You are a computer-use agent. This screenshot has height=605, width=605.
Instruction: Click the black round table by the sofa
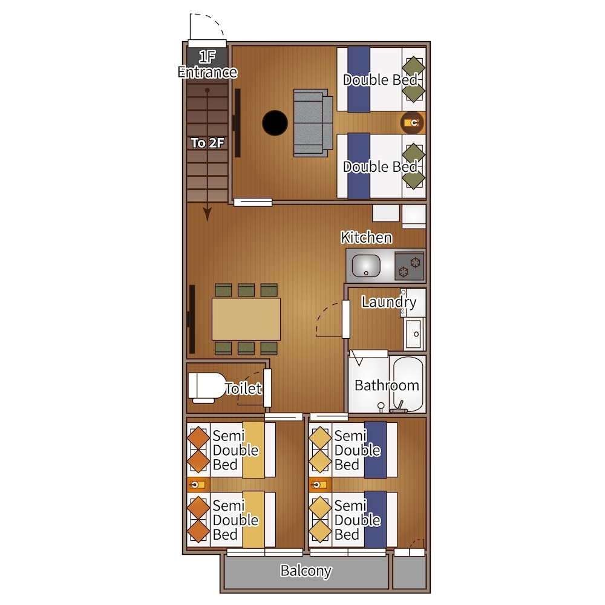[x=275, y=123]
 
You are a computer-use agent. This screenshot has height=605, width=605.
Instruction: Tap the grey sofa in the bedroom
[x=313, y=123]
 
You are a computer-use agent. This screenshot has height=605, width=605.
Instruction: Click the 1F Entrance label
[x=208, y=65]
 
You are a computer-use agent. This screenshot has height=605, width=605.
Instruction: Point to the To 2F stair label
[x=208, y=143]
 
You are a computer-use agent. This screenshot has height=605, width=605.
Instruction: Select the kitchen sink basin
[x=366, y=266]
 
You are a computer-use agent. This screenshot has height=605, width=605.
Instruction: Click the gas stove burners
[x=410, y=266]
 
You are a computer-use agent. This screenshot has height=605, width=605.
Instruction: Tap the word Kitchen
[x=367, y=237]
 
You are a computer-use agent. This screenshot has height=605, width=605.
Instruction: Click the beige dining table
[x=246, y=319]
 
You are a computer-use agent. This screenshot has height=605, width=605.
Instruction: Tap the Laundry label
[x=389, y=302]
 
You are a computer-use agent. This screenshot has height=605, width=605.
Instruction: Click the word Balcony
[x=306, y=571]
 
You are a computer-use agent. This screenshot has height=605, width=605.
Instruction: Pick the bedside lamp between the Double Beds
[x=412, y=123]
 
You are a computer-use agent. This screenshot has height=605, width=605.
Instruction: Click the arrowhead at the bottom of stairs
[x=208, y=214]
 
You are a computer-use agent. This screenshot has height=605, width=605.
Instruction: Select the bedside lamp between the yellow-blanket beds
[x=198, y=485]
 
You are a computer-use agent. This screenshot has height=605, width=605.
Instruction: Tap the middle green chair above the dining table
[x=246, y=290]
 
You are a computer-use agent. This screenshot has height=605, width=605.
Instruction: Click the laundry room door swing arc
[x=325, y=317]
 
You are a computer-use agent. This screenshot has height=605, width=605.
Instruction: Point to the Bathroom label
[x=387, y=385]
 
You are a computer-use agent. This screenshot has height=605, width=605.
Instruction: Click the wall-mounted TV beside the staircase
[x=237, y=123]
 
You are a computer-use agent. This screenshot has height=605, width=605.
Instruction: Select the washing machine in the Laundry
[x=414, y=333]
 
